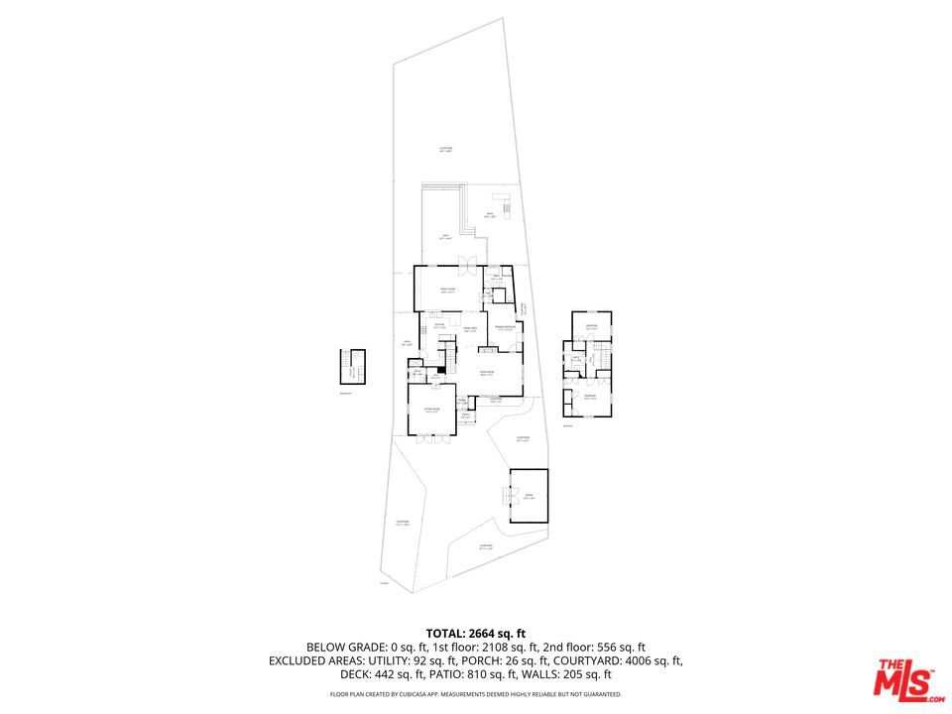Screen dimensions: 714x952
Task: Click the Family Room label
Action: pos(448,290)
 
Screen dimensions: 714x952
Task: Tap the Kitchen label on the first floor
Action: pos(438,326)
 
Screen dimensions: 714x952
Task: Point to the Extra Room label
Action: pos(432,410)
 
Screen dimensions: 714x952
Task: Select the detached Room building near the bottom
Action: pos(529,496)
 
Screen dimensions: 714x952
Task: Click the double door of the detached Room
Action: pos(512,496)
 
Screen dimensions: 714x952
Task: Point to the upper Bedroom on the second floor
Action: pos(591,327)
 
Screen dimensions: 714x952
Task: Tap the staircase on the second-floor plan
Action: pos(599,357)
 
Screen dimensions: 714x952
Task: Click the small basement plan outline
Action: pos(351,366)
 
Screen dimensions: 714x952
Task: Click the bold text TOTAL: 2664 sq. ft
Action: pos(475,633)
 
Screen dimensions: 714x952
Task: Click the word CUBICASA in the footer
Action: pos(412,694)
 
